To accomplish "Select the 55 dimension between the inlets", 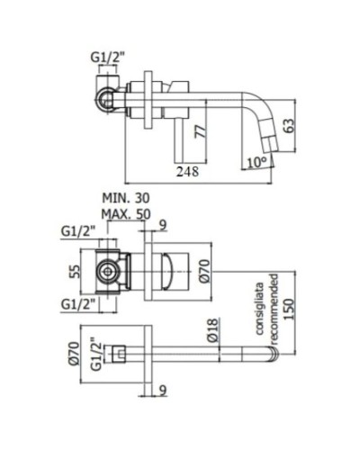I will pyautogui.click(x=76, y=268).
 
